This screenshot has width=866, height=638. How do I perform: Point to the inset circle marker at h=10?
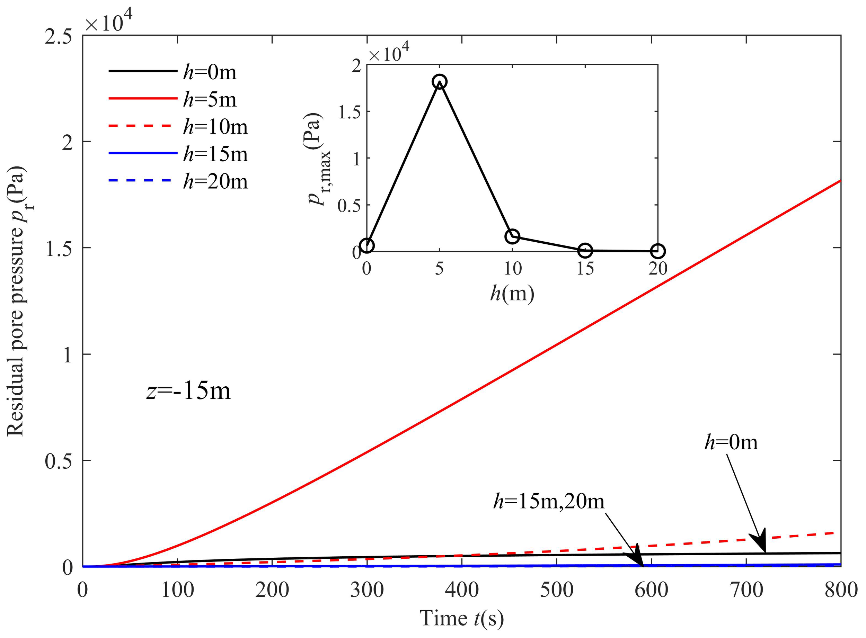tap(512, 236)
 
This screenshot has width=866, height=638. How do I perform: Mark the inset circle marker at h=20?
tap(658, 251)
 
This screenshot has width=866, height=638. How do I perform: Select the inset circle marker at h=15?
tap(585, 251)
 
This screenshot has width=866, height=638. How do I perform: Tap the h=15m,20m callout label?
tap(549, 501)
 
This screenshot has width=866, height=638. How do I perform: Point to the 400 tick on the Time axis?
tap(462, 590)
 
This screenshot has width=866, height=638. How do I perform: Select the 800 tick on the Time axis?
tap(841, 590)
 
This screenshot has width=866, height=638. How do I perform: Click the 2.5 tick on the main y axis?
tap(58, 37)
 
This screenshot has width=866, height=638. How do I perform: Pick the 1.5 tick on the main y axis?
tap(58, 249)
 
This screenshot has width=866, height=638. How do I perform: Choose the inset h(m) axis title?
tap(512, 294)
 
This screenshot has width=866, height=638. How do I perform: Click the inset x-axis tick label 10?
tap(512, 269)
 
